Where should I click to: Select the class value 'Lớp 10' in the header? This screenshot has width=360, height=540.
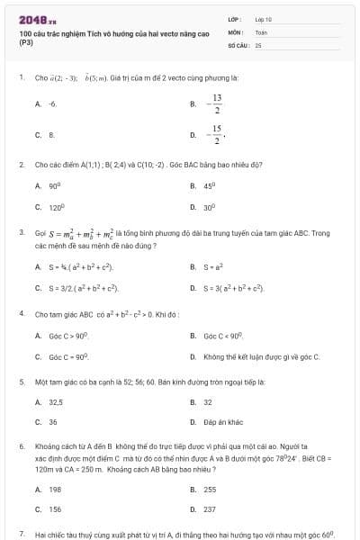pyautogui.click(x=263, y=19)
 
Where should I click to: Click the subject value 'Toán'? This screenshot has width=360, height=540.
pyautogui.click(x=261, y=31)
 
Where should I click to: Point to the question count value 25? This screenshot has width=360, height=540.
pyautogui.click(x=258, y=44)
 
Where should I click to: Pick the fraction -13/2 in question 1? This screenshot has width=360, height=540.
pyautogui.click(x=216, y=103)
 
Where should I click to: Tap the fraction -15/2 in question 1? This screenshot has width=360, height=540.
pyautogui.click(x=216, y=135)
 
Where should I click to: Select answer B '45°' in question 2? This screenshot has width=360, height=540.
pyautogui.click(x=209, y=185)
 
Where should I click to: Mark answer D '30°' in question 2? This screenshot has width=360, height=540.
pyautogui.click(x=209, y=207)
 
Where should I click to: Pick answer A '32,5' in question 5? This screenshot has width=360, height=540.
pyautogui.click(x=55, y=402)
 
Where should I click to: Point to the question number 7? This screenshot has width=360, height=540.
pyautogui.click(x=21, y=534)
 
